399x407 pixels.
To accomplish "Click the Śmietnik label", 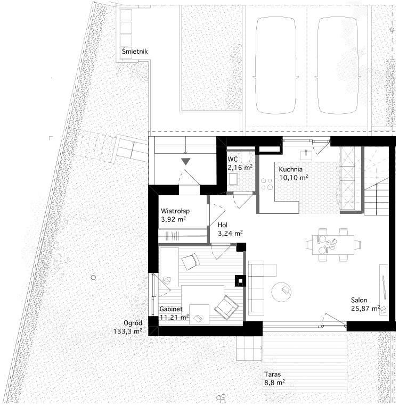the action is click(x=135, y=51).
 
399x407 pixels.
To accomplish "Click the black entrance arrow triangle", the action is click(x=186, y=161).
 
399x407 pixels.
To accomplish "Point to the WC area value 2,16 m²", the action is click(x=240, y=168).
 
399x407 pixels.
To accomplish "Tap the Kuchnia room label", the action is click(x=291, y=170).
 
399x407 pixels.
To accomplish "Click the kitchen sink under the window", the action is click(x=306, y=155).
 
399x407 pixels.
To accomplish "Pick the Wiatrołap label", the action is click(x=175, y=211).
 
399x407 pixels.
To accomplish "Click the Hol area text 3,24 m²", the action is click(x=230, y=234).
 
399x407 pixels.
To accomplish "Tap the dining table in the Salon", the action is click(x=333, y=245).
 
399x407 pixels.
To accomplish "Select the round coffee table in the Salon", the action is click(x=281, y=292).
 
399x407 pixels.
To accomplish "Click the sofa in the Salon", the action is click(x=256, y=288).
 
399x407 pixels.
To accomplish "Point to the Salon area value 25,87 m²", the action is click(x=365, y=309).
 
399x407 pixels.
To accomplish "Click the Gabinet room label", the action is click(x=171, y=309).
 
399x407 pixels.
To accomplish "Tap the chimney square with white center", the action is click(x=240, y=281).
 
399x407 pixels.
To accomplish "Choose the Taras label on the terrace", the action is click(x=272, y=375).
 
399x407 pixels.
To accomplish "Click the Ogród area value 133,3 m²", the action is click(x=128, y=331).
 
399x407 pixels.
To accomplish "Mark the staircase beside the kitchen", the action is click(x=376, y=179).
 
